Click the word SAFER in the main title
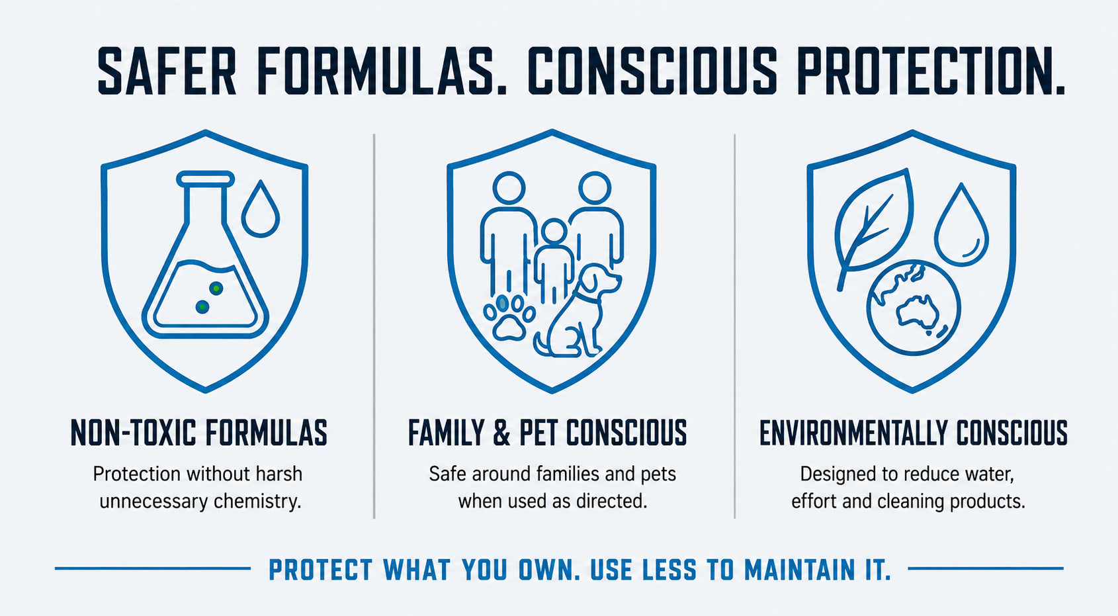167,70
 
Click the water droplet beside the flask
261,208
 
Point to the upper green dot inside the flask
216,288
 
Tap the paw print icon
509,318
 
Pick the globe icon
914,308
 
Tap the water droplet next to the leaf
961,224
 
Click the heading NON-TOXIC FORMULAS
198,433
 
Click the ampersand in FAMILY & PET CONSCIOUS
501,433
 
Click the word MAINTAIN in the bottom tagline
798,570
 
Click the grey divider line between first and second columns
374,326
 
